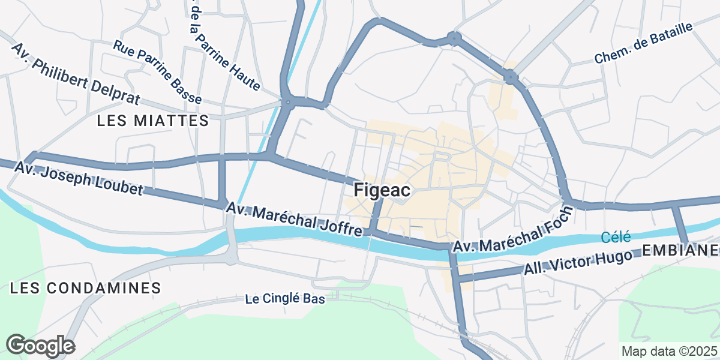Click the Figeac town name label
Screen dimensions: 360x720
[382, 190]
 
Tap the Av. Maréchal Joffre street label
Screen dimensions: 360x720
[294, 220]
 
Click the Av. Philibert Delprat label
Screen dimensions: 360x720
[75, 73]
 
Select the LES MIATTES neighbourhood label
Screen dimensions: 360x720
[153, 121]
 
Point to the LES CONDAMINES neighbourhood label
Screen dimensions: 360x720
[86, 288]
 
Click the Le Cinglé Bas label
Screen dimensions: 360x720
[285, 299]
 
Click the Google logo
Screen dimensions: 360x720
[40, 346]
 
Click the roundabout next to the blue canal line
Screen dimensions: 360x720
[289, 103]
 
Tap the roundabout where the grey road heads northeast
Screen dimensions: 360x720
[511, 77]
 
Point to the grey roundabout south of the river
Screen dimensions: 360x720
[232, 259]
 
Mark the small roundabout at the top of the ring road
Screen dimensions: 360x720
[454, 40]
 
